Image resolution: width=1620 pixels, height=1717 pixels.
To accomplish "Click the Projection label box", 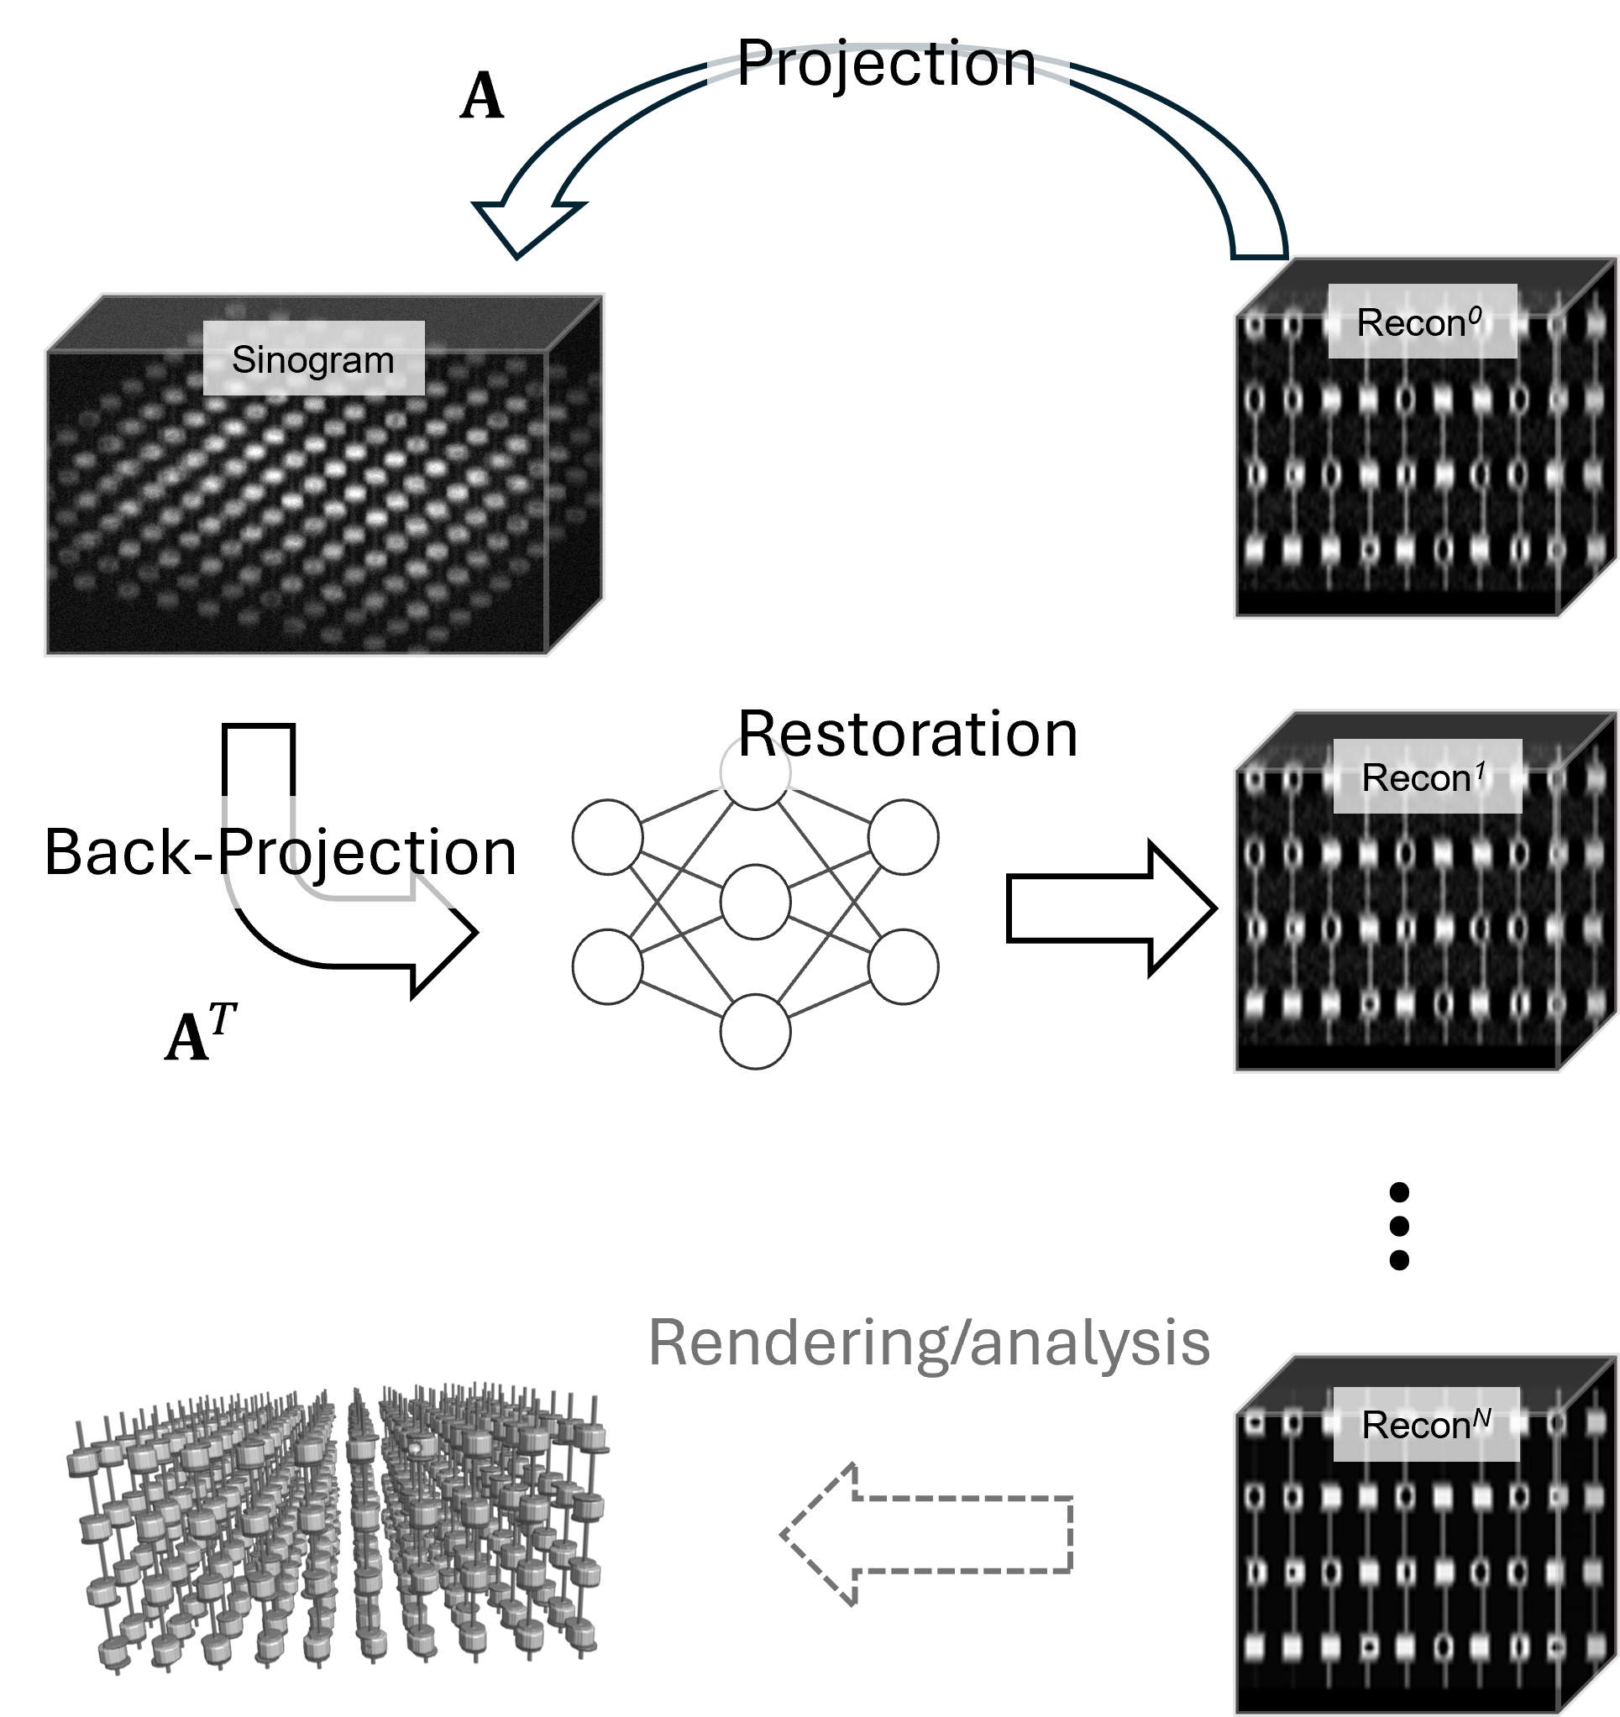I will pyautogui.click(x=888, y=63).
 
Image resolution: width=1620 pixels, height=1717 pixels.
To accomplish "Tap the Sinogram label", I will pyautogui.click(x=312, y=359).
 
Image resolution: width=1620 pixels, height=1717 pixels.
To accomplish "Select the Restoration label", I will pyautogui.click(x=908, y=734).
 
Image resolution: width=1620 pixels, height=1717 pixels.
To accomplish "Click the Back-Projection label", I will pyautogui.click(x=281, y=851).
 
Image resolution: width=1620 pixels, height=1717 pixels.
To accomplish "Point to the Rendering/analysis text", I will pyautogui.click(x=929, y=1344).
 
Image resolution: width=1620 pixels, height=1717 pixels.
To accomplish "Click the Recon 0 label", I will pyautogui.click(x=1421, y=322).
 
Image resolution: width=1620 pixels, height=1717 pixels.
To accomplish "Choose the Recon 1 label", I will pyautogui.click(x=1427, y=777).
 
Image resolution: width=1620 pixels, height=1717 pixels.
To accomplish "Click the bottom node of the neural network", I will pyautogui.click(x=755, y=1031).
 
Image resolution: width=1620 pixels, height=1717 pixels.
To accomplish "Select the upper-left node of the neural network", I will pyautogui.click(x=607, y=837).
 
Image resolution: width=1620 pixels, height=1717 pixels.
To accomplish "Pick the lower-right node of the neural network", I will pyautogui.click(x=903, y=966).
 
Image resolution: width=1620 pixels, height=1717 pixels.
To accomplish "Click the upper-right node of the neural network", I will pyautogui.click(x=903, y=837).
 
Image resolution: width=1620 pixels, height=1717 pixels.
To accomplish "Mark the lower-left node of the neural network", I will pyautogui.click(x=607, y=966).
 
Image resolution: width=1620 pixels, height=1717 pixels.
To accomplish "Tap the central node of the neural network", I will pyautogui.click(x=755, y=903).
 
